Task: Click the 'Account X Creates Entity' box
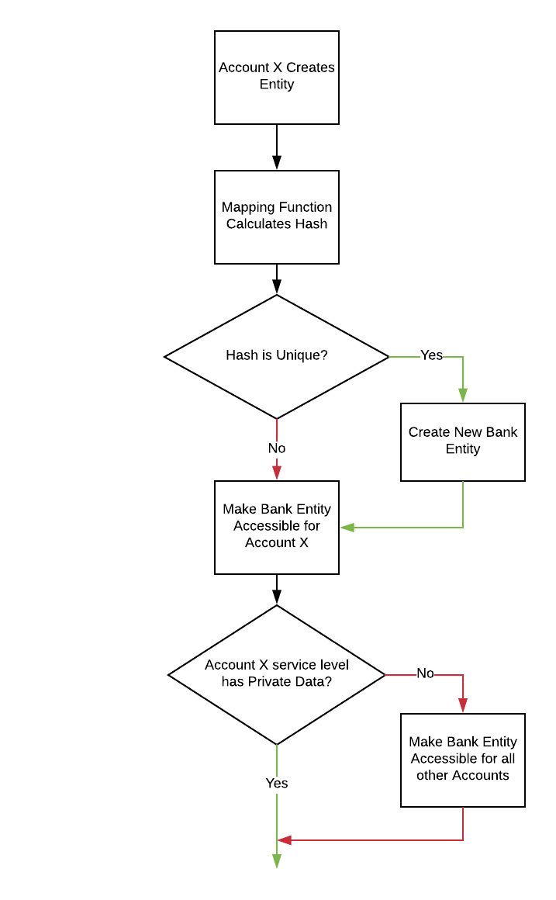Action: point(277,77)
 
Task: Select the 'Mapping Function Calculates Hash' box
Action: point(277,216)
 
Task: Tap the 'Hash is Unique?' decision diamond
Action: point(277,356)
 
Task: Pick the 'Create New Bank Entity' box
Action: point(463,441)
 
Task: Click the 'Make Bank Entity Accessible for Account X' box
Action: point(277,527)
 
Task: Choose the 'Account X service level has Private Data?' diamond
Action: point(277,674)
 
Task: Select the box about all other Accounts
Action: point(463,760)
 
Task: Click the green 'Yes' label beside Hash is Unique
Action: point(431,355)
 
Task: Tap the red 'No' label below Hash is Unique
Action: point(277,448)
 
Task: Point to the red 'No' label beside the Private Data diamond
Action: point(425,673)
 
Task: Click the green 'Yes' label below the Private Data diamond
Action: point(277,784)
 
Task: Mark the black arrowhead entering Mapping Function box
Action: point(277,163)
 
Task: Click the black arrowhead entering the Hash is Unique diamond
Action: point(277,287)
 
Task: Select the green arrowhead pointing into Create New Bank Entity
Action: point(463,396)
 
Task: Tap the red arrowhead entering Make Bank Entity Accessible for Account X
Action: point(277,473)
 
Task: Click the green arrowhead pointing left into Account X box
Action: point(347,528)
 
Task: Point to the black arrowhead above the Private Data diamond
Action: point(277,597)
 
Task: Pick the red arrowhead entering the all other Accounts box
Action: point(463,706)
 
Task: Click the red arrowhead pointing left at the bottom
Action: point(285,840)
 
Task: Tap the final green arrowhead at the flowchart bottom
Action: point(277,860)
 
